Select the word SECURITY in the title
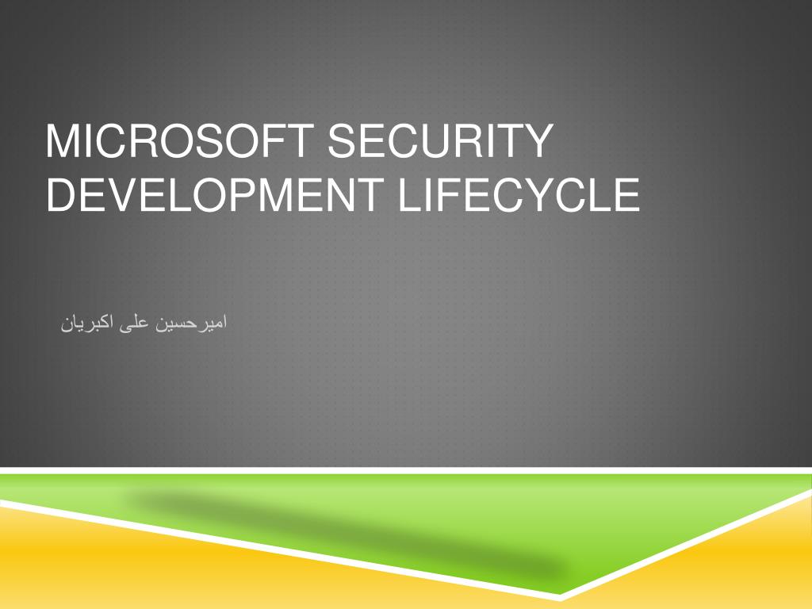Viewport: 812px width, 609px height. pos(439,141)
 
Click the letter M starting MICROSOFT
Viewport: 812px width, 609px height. pos(60,141)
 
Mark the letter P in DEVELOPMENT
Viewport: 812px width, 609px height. pos(228,195)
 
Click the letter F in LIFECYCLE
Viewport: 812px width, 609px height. pos(444,195)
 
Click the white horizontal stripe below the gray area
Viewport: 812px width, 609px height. pos(396,470)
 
